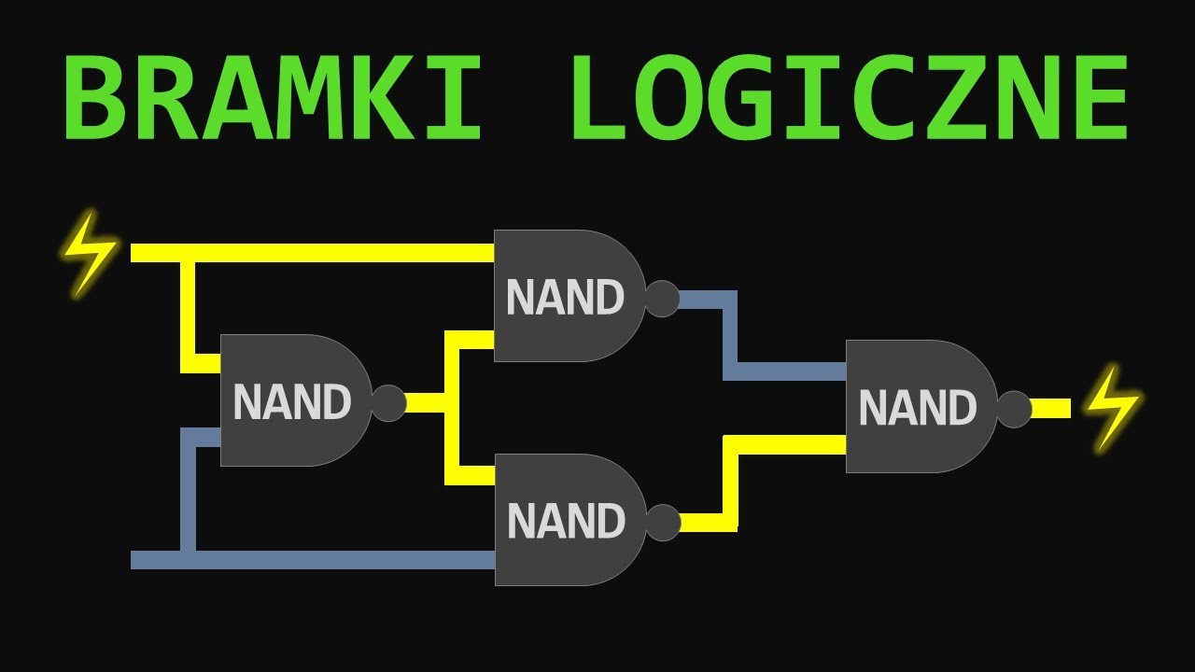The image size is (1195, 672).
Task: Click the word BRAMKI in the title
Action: [272, 97]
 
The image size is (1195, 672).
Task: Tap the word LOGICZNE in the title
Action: [850, 97]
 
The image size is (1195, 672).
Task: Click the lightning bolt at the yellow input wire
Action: [90, 253]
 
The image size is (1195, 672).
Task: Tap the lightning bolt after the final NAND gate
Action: [1112, 409]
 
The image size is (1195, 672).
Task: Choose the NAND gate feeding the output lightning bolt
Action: [920, 407]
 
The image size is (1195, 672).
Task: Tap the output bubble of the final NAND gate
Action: [1014, 409]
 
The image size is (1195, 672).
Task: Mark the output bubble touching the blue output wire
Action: [662, 299]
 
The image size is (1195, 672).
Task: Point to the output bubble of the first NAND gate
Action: [389, 403]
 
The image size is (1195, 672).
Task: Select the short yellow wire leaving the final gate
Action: [1051, 409]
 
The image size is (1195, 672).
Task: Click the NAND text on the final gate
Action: [917, 409]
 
